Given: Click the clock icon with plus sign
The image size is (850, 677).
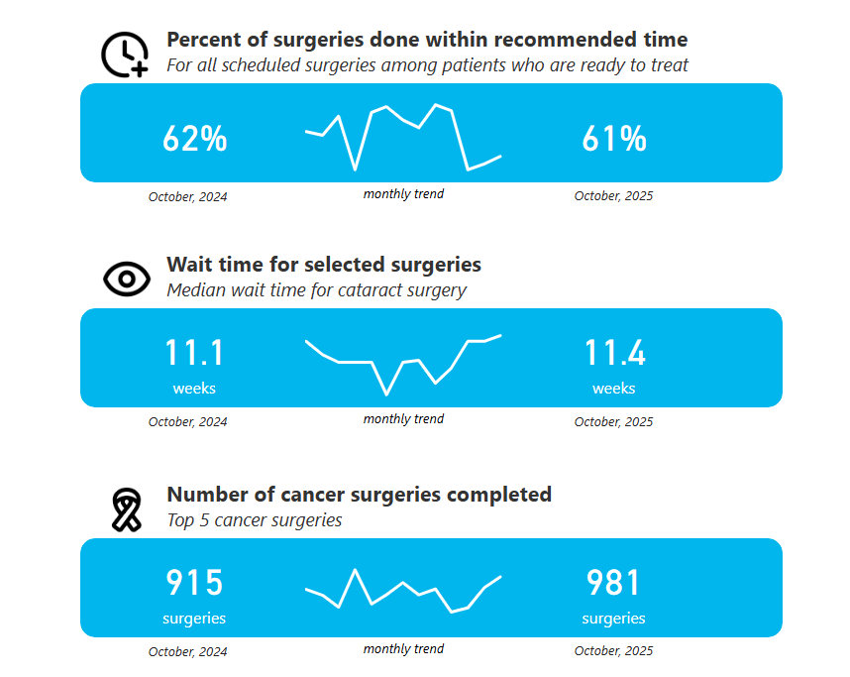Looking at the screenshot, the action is coord(125,55).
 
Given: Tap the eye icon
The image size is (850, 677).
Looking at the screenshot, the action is coord(127,279).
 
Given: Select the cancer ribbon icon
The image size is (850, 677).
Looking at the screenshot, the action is coord(127,509).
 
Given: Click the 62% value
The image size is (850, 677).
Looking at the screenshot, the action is coord(194,139).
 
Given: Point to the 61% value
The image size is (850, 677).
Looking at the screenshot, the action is coord(614,139).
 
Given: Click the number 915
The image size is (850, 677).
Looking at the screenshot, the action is coord(194,583).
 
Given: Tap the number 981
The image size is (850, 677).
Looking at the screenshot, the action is coord(613,583).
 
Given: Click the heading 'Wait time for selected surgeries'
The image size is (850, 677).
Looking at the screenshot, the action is coord(324,265).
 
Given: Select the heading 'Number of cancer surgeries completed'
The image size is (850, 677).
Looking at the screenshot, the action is coord(359,495).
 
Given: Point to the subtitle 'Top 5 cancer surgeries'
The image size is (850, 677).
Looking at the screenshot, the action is coord(255,520).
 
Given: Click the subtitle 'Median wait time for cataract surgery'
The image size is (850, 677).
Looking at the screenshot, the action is coord(317,290).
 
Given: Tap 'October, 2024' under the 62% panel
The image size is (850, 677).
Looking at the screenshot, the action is coord(187,196).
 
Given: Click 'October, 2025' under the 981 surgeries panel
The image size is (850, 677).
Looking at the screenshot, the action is coord(613,650).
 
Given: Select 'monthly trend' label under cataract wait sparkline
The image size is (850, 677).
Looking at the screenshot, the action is coord(403,418).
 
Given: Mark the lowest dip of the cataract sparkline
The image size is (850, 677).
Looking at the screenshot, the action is coord(386,395).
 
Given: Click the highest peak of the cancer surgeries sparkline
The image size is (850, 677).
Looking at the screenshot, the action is coord(355,570).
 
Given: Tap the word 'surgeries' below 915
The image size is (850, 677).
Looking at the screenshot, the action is coord(194,619).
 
